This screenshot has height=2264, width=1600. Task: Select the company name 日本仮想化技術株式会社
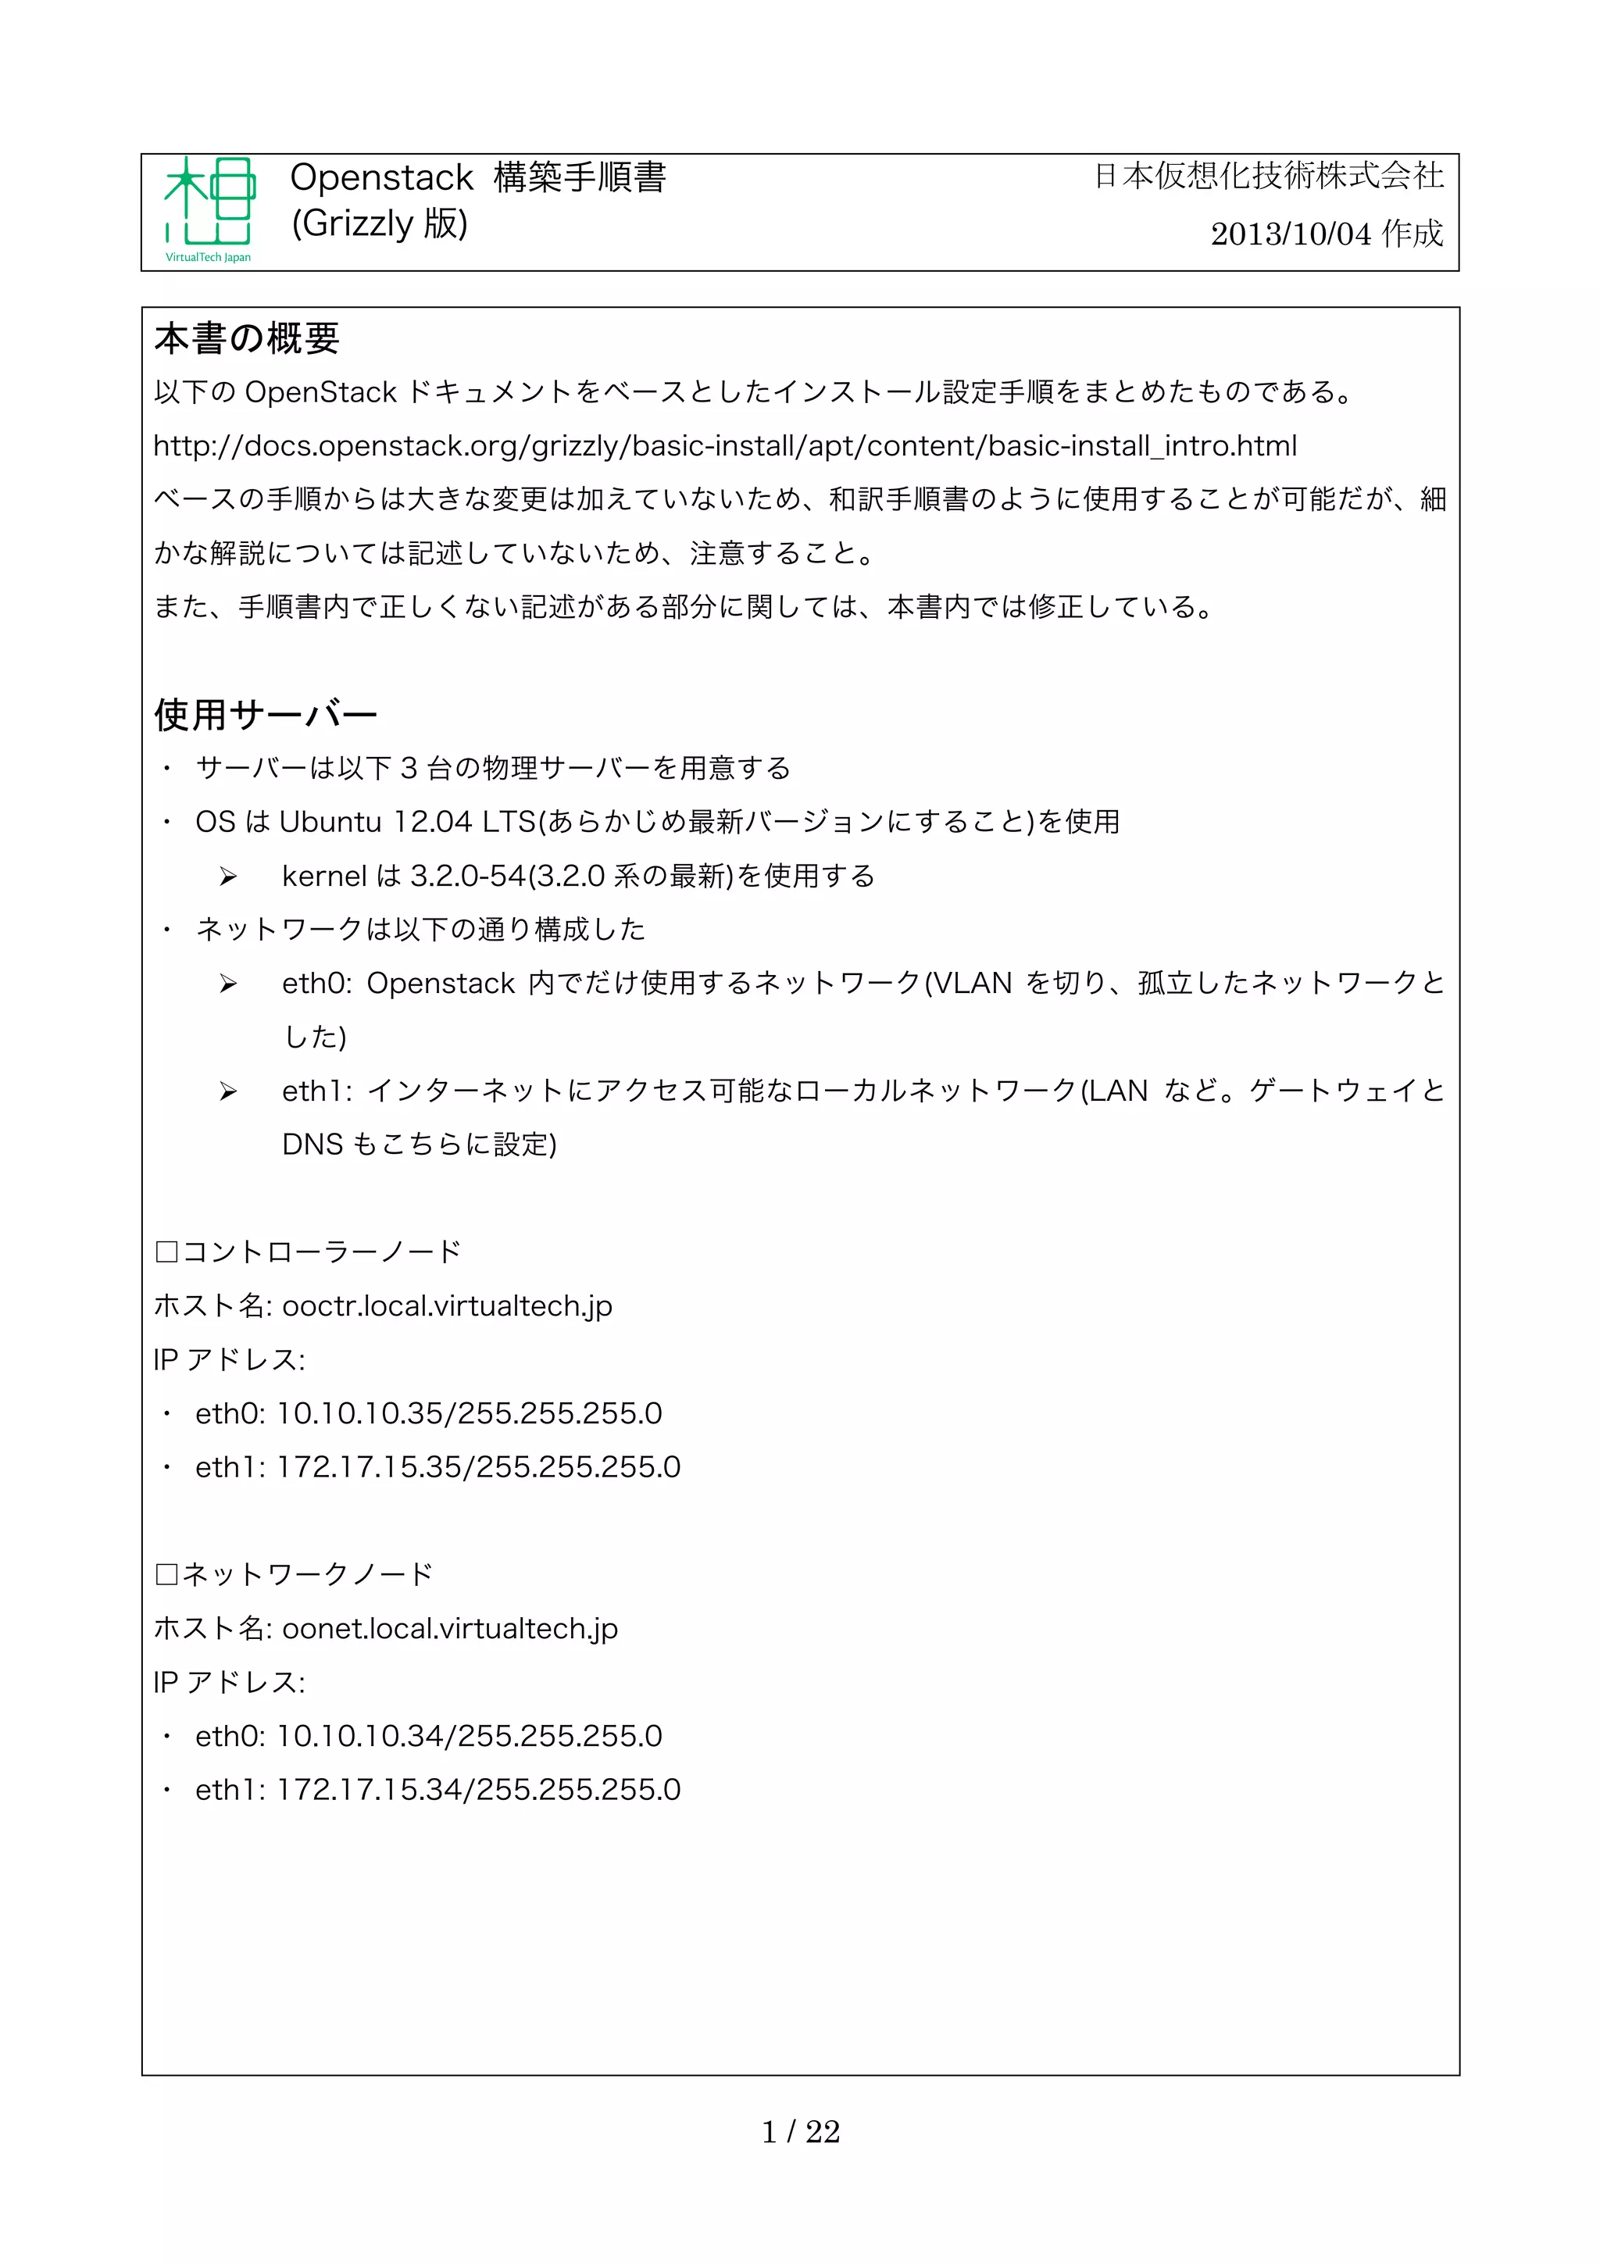[x=1268, y=177]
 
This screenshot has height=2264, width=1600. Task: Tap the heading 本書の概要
[x=246, y=339]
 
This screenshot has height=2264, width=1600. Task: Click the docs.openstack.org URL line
[x=724, y=447]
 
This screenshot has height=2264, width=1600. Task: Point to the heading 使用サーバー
[x=265, y=715]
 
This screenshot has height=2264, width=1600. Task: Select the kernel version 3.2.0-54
[x=467, y=876]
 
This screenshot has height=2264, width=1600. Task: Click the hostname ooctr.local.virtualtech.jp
[x=447, y=1306]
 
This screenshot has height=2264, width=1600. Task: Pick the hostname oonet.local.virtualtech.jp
[x=449, y=1629]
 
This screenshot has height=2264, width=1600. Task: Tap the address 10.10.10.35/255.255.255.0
[x=470, y=1414]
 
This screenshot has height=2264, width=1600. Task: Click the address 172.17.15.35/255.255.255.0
[x=478, y=1467]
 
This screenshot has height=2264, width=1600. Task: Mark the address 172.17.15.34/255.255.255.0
[x=478, y=1790]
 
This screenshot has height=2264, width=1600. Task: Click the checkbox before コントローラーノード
[x=166, y=1252]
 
